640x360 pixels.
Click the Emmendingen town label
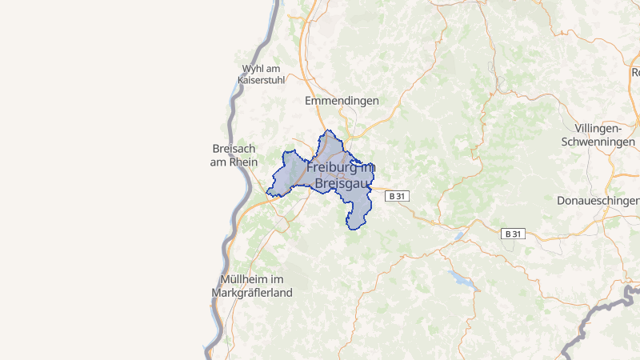[342, 101]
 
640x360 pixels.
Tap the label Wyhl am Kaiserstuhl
[262, 74]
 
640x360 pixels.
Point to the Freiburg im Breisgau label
[341, 176]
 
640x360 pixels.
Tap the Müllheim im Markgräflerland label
[252, 286]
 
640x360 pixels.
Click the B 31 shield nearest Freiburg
[397, 196]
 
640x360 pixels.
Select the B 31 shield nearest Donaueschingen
[513, 234]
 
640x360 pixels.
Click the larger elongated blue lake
[461, 279]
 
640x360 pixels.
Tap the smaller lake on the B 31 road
[459, 235]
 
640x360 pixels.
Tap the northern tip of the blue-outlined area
[326, 132]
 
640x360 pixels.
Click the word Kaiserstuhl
[262, 81]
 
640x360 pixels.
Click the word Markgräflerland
[252, 293]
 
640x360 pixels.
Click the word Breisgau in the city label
[341, 184]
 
